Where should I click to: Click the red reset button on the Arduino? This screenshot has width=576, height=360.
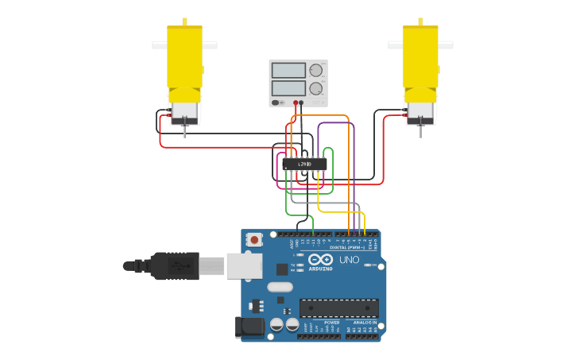tap(254, 238)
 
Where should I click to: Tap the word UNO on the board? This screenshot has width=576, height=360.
tap(350, 260)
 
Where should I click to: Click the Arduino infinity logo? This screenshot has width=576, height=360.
tap(321, 260)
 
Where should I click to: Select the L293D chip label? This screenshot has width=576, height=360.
tap(305, 165)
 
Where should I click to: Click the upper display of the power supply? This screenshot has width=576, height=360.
tap(288, 71)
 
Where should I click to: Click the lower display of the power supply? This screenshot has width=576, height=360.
tap(288, 88)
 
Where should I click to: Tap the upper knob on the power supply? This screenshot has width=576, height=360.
tap(316, 70)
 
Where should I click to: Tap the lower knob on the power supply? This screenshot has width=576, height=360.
tap(316, 88)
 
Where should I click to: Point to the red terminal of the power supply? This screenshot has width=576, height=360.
tap(295, 103)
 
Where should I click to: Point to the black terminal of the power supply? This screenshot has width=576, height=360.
tap(301, 103)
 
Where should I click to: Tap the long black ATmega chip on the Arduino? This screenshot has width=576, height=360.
tap(338, 308)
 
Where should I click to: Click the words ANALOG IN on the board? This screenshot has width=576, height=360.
tap(366, 323)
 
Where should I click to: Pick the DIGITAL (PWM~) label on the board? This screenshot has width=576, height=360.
tap(347, 247)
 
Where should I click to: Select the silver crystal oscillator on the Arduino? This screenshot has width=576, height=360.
tap(279, 287)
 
